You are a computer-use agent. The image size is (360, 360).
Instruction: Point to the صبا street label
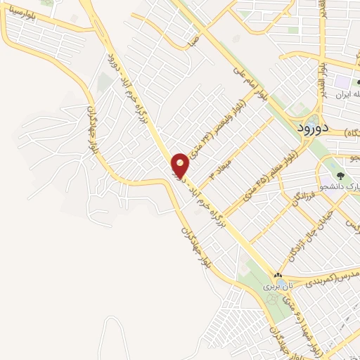pos(188,41)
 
